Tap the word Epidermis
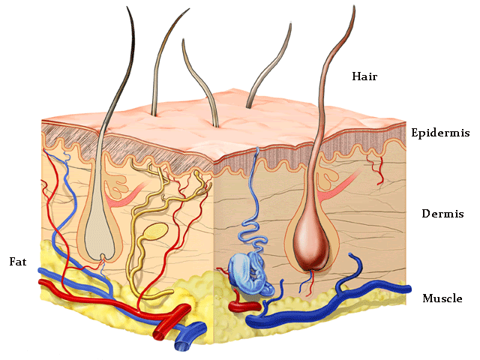tap(440, 133)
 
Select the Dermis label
tap(440, 214)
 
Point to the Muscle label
tap(442, 298)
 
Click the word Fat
tap(18, 262)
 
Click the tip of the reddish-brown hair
tap(352, 9)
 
